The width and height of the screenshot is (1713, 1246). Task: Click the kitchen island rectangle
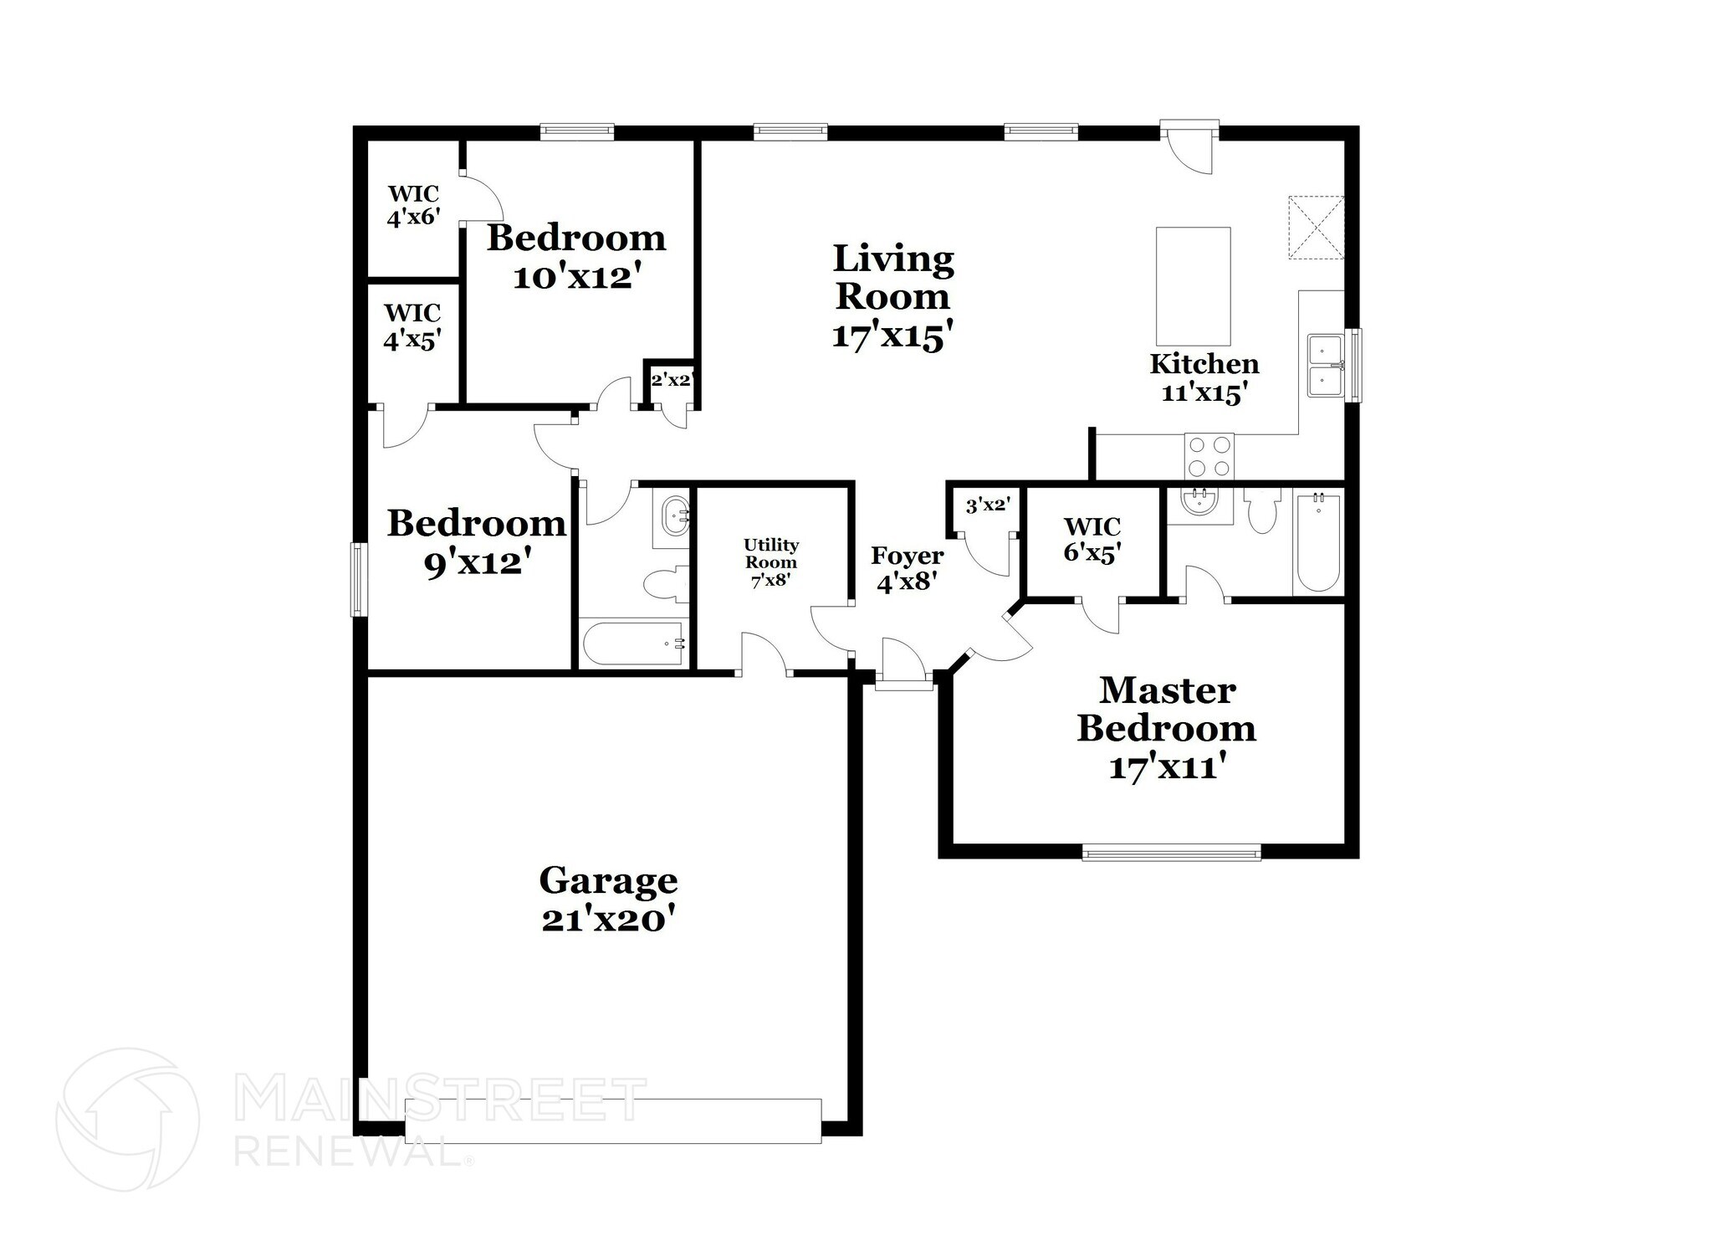pos(1193,286)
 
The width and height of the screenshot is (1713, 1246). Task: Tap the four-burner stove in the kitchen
pos(1209,457)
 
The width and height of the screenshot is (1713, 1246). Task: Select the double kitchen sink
pos(1326,365)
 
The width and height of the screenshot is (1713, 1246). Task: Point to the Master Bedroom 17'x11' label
pos(1167,727)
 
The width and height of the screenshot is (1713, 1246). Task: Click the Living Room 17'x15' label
pos(892,296)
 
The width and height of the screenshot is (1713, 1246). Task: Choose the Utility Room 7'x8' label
pos(770,562)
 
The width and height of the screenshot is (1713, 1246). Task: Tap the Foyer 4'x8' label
pos(907,568)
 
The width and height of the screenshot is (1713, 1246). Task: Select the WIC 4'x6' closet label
pos(413,206)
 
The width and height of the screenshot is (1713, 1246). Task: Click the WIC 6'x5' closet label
pos(1092,540)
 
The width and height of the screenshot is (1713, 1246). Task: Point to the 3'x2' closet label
pos(988,505)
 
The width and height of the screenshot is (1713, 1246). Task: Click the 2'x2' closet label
pos(671,380)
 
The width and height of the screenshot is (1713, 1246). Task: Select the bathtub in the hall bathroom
pos(632,644)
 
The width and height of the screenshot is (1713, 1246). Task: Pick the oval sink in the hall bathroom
pos(674,517)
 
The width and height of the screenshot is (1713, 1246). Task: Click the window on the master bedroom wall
pos(1171,854)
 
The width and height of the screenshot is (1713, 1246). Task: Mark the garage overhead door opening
pos(612,1120)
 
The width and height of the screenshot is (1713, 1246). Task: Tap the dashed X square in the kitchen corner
pos(1315,227)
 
